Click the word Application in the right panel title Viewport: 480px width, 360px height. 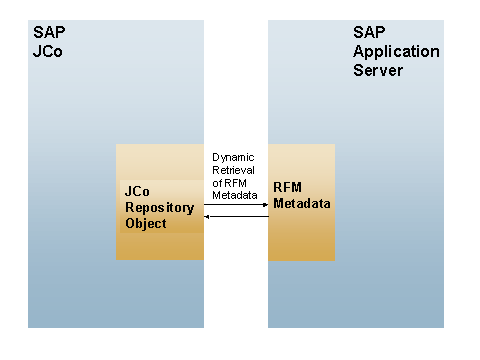tap(396, 52)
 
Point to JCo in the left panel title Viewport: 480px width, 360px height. tap(47, 52)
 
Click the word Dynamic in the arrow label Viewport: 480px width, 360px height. tap(232, 157)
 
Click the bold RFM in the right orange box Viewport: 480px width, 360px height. tap(288, 187)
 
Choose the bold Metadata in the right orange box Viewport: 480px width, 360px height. tap(302, 203)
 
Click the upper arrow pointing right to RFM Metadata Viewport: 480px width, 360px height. tap(235, 204)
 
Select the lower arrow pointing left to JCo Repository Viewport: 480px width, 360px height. tap(235, 216)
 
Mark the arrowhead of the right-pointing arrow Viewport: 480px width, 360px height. tap(264, 204)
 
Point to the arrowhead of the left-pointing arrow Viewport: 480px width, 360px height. tap(207, 216)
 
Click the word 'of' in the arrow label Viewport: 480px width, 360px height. tap(218, 181)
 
